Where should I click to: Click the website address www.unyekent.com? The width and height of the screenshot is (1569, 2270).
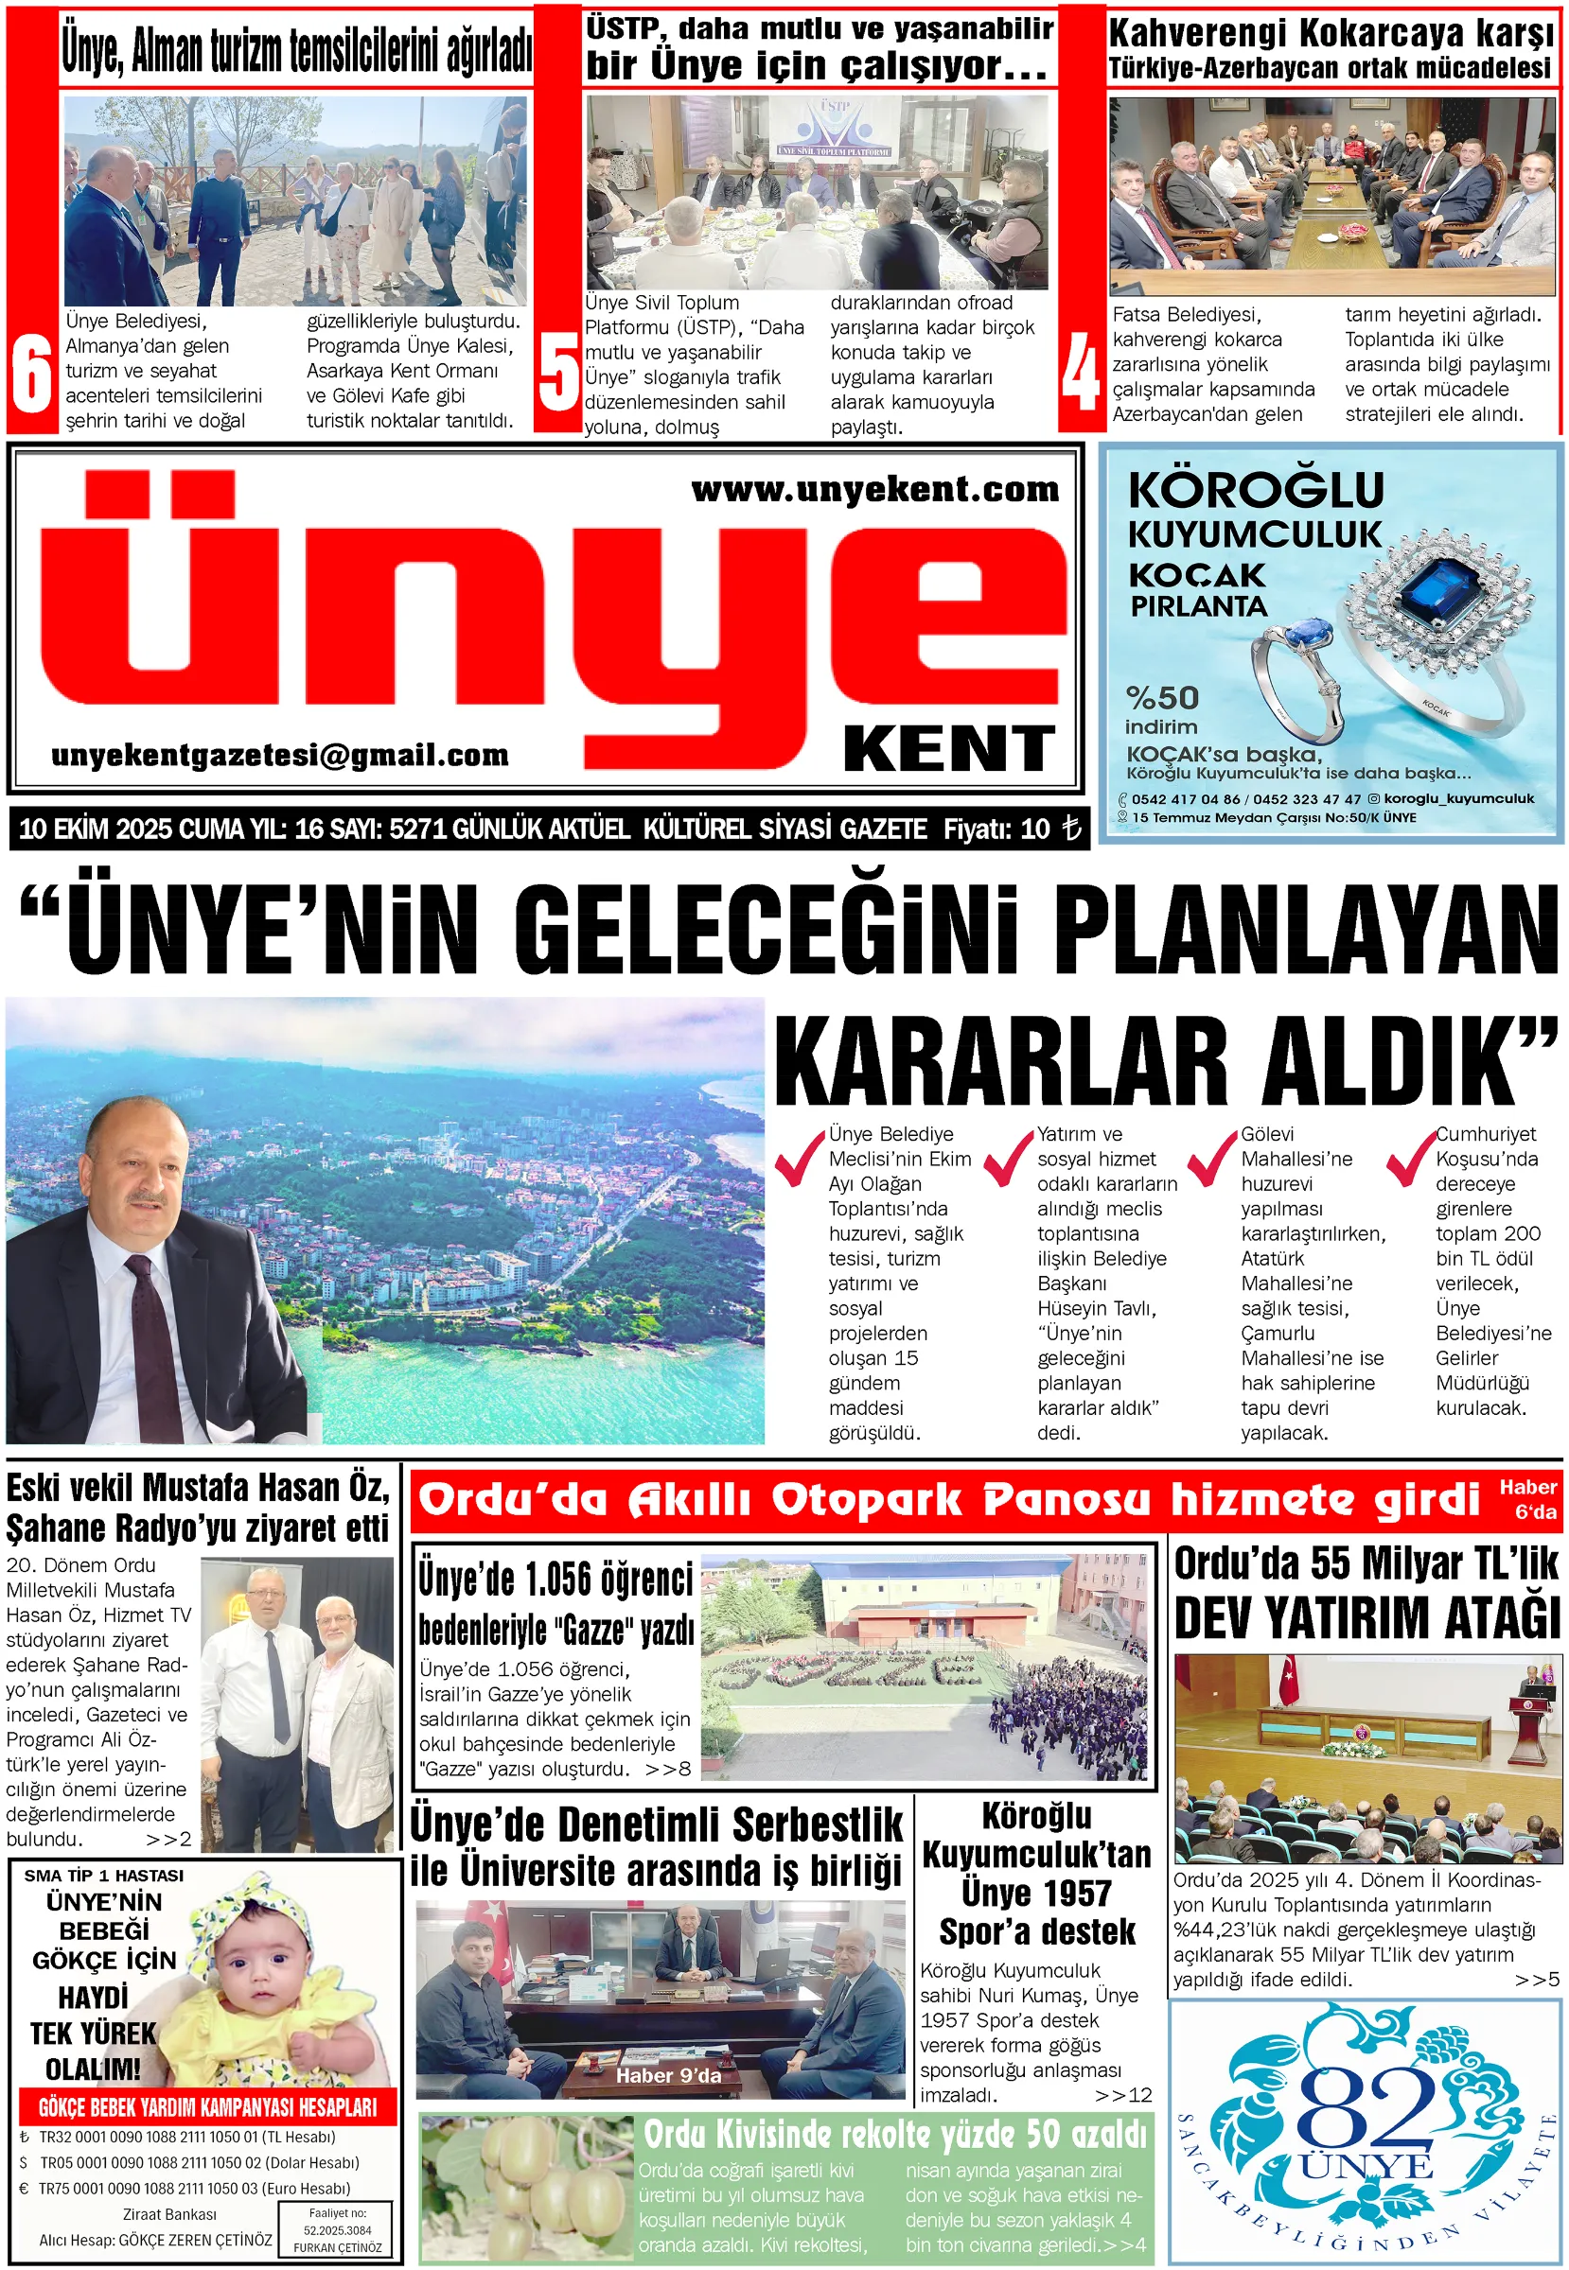point(874,489)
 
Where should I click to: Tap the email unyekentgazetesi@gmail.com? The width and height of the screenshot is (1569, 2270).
point(280,755)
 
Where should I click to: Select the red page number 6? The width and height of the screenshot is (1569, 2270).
point(31,375)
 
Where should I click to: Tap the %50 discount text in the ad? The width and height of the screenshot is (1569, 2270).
point(1162,698)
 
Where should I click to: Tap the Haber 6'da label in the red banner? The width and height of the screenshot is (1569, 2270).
point(1526,1498)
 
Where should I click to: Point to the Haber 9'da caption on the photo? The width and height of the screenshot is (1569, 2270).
point(667,2074)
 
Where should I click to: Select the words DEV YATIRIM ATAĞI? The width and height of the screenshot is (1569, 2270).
point(1366,1617)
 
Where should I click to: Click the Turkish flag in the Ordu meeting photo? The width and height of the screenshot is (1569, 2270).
point(1288,1682)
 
